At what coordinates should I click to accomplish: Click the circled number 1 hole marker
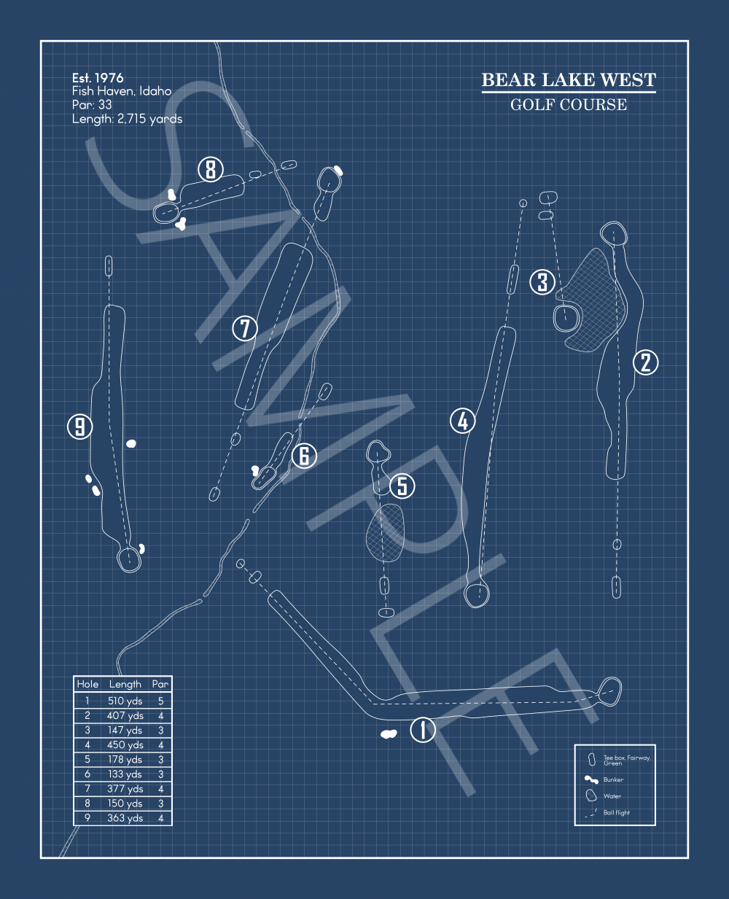423,729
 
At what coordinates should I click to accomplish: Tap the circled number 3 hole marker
542,281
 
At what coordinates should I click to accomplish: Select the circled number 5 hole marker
402,486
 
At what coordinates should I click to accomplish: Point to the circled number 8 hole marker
211,170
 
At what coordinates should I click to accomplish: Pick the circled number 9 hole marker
80,426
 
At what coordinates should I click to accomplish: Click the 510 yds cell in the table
125,701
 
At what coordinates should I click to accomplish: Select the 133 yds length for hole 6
125,774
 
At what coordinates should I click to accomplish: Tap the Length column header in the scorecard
125,684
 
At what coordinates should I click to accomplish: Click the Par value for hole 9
160,818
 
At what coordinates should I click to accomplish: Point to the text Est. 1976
98,78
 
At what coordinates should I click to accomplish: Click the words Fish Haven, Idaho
122,91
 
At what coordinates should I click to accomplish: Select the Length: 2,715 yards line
127,119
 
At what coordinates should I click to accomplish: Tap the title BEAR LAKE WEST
569,80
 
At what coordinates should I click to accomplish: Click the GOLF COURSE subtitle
569,104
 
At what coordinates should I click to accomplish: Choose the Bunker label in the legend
613,779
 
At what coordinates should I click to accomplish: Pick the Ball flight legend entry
616,812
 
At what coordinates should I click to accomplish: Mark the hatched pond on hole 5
386,532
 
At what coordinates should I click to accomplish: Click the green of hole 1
609,690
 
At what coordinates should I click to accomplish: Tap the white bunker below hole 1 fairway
389,733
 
